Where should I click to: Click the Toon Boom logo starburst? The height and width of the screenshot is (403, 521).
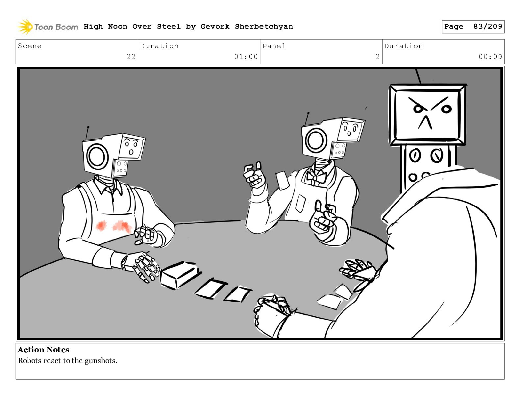pyautogui.click(x=25, y=26)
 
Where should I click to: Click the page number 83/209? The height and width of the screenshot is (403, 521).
pyautogui.click(x=487, y=26)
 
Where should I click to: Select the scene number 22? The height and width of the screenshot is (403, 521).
pyautogui.click(x=131, y=57)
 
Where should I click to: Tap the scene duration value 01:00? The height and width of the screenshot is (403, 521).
pyautogui.click(x=246, y=57)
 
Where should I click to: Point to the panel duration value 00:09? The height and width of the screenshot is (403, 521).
pyautogui.click(x=490, y=57)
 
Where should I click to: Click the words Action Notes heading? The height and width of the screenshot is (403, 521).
pyautogui.click(x=43, y=349)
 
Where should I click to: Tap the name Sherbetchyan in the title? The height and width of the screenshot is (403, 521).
pyautogui.click(x=264, y=26)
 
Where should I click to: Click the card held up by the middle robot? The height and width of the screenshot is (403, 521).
pyautogui.click(x=282, y=180)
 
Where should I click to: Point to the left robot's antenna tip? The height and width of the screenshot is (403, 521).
pyautogui.click(x=88, y=127)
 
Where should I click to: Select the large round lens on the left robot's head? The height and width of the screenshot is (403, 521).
pyautogui.click(x=97, y=156)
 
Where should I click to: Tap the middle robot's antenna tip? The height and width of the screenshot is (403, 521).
pyautogui.click(x=308, y=113)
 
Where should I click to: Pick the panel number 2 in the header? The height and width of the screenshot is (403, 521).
pyautogui.click(x=377, y=57)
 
